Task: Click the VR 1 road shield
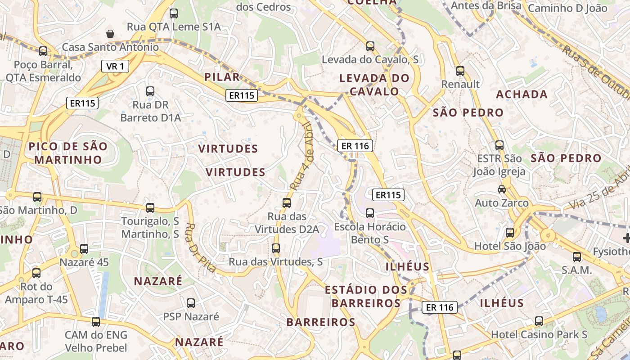coord(115,67)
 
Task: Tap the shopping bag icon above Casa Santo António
coord(110,34)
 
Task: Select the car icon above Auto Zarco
coord(502,189)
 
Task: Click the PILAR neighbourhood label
coord(222,77)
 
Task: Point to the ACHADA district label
coord(522,94)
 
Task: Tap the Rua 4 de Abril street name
coord(301,156)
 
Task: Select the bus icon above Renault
coord(460,71)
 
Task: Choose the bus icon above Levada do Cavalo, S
coord(370,46)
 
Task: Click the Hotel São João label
coord(510,246)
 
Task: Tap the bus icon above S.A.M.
coord(576,257)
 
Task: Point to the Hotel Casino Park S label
coord(539,334)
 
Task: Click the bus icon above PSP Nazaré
coord(191,303)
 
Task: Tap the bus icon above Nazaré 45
coord(84,249)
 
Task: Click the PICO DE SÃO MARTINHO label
coord(68,153)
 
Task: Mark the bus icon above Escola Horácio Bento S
coord(370,213)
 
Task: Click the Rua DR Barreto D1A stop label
coord(150,112)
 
